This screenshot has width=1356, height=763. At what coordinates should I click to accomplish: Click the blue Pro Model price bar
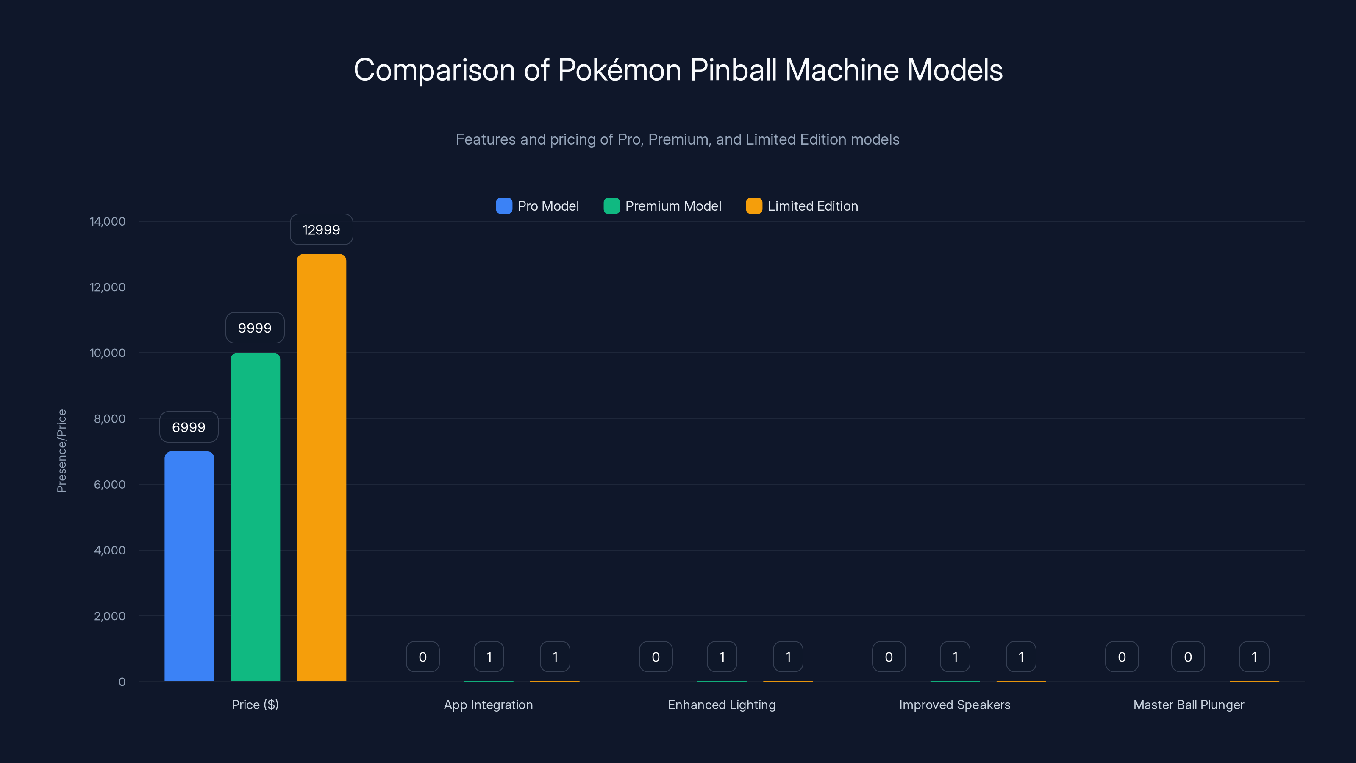pyautogui.click(x=189, y=566)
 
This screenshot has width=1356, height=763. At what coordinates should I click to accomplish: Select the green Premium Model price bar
pyautogui.click(x=255, y=517)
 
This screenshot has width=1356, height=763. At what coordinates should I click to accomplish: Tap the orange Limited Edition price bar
pyautogui.click(x=321, y=468)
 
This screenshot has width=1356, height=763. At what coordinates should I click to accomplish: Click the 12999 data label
pyautogui.click(x=321, y=230)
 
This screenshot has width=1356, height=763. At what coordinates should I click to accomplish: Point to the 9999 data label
pyautogui.click(x=255, y=328)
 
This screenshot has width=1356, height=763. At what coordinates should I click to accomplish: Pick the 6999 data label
pyautogui.click(x=189, y=427)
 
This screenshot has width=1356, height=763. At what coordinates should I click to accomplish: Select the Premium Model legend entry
pyautogui.click(x=662, y=206)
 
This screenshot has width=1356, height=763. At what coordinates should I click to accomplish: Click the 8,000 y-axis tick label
pyautogui.click(x=109, y=419)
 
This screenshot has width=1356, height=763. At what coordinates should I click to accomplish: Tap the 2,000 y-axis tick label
pyautogui.click(x=109, y=616)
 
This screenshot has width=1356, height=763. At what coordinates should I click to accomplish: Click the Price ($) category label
pyautogui.click(x=255, y=705)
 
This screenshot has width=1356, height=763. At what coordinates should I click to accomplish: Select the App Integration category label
pyautogui.click(x=489, y=705)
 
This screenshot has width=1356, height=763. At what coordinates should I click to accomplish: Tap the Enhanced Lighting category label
pyautogui.click(x=722, y=705)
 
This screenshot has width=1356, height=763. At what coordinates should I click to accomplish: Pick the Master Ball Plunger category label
pyautogui.click(x=1189, y=705)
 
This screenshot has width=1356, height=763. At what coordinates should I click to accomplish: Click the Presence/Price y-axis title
pyautogui.click(x=61, y=451)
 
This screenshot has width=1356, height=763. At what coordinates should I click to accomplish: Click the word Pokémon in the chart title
pyautogui.click(x=619, y=70)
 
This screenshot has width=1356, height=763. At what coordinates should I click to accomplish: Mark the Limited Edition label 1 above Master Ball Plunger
pyautogui.click(x=1254, y=657)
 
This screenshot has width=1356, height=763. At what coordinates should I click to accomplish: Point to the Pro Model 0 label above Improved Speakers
pyautogui.click(x=889, y=657)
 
